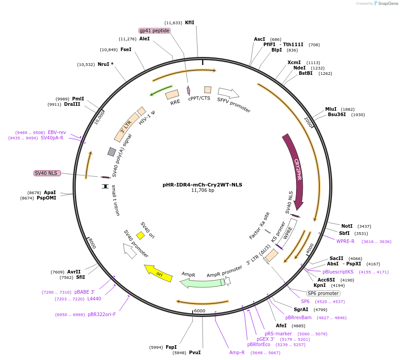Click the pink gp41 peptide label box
click(x=155, y=30)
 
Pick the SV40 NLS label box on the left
click(x=47, y=173)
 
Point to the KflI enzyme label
click(x=189, y=22)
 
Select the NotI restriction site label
click(x=347, y=226)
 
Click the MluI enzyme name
click(x=331, y=109)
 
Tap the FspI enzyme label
click(x=171, y=347)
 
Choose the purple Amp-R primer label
click(x=237, y=352)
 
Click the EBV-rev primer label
click(x=57, y=132)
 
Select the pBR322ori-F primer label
click(x=102, y=314)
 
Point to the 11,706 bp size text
click(x=203, y=190)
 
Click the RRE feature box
click(x=172, y=95)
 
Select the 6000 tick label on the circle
click(x=199, y=311)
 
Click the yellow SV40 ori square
click(x=140, y=235)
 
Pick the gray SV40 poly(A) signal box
click(x=112, y=152)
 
